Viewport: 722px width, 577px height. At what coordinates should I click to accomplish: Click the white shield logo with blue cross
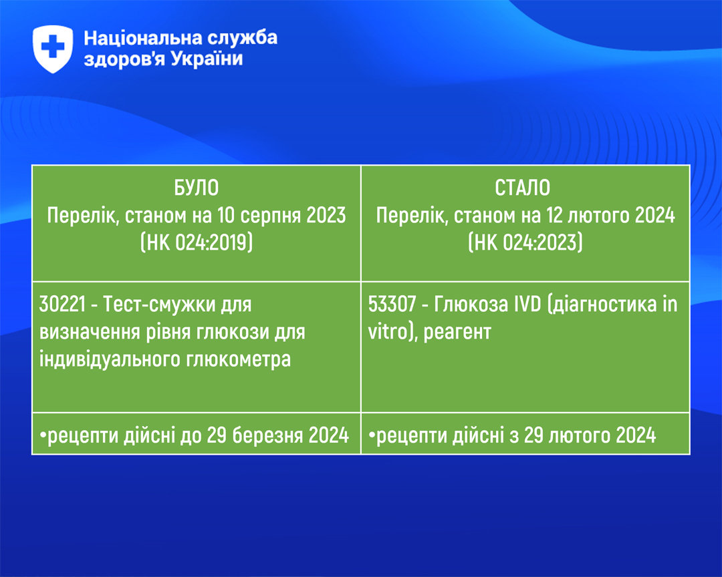click(53, 49)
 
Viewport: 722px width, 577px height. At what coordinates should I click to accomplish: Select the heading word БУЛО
click(196, 188)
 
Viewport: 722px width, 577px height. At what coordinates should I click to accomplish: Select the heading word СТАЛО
click(523, 188)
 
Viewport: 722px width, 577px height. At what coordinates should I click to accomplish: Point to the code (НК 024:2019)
click(197, 242)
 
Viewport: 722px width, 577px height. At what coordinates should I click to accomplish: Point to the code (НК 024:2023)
click(525, 242)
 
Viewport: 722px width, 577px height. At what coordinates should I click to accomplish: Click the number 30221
click(63, 304)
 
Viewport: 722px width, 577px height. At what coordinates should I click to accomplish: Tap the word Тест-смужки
click(159, 304)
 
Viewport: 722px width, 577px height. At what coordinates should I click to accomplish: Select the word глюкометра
click(239, 359)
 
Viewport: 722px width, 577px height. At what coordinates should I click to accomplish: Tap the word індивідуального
click(110, 359)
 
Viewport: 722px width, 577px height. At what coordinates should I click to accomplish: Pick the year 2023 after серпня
click(326, 215)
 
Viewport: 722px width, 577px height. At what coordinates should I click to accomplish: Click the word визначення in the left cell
click(90, 332)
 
